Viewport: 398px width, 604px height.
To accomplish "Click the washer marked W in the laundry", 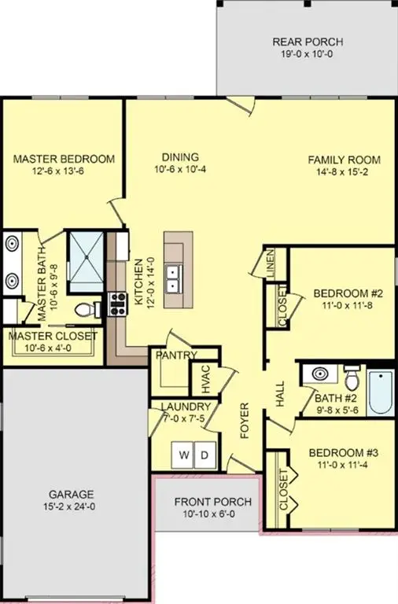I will coord(184,455).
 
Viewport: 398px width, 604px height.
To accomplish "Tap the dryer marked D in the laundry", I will coord(204,455).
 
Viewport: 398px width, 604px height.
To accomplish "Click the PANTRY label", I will coord(175,355).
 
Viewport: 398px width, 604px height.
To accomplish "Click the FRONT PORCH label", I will coord(213,502).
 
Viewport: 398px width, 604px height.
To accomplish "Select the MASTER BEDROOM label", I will coord(64,158).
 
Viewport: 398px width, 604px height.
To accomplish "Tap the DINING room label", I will coord(180,157).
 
